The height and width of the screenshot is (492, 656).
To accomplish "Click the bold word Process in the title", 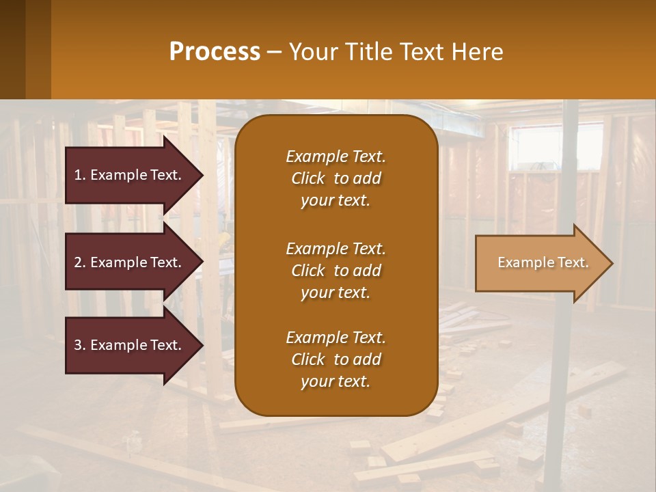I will pyautogui.click(x=215, y=52).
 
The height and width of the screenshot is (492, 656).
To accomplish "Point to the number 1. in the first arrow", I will pyautogui.click(x=80, y=175).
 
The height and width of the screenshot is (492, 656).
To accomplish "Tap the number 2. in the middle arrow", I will pyautogui.click(x=80, y=262).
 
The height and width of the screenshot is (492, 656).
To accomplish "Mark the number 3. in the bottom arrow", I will pyautogui.click(x=80, y=345).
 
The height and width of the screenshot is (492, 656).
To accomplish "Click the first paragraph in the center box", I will pyautogui.click(x=336, y=178).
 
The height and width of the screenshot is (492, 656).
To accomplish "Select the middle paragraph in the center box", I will pyautogui.click(x=336, y=271).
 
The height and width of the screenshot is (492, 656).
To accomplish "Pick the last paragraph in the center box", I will pyautogui.click(x=336, y=359).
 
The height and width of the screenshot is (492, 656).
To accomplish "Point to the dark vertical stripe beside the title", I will pyautogui.click(x=38, y=49).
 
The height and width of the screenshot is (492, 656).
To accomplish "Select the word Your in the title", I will pyautogui.click(x=313, y=52).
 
